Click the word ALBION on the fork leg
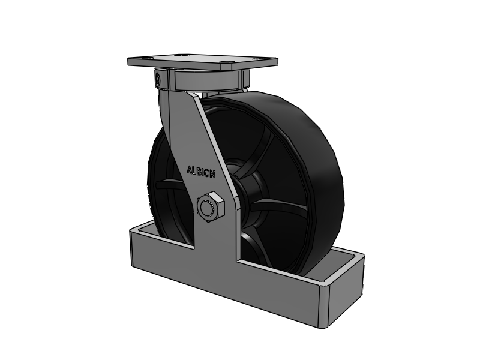coord(201,172)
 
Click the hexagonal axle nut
coord(211,207)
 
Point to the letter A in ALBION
coord(190,170)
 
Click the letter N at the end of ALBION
coord(212,175)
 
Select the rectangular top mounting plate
coord(203,62)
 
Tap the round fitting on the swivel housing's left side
coord(157,79)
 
